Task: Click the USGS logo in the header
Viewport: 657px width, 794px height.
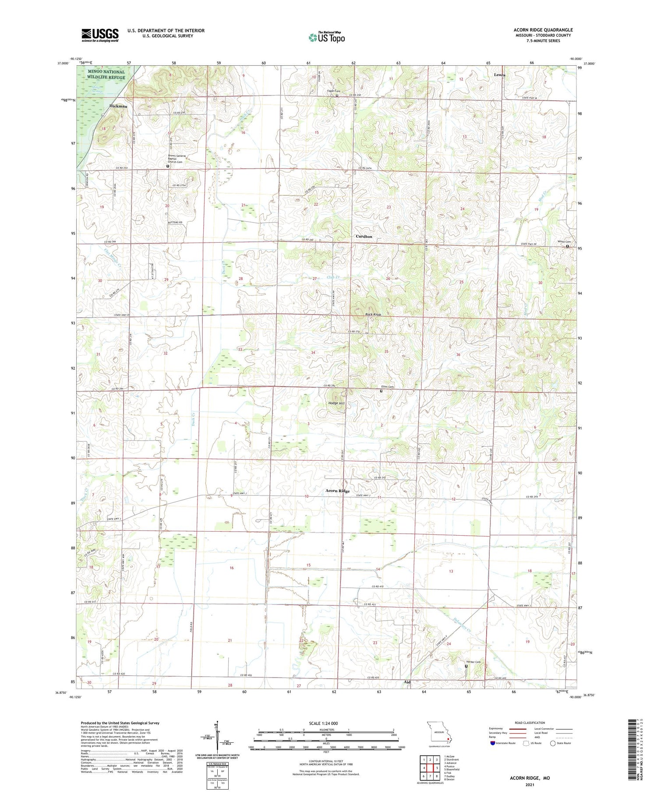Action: pyautogui.click(x=100, y=35)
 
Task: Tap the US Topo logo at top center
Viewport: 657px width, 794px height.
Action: pyautogui.click(x=326, y=37)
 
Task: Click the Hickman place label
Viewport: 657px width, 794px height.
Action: pyautogui.click(x=118, y=106)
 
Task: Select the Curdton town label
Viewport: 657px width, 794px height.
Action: pyautogui.click(x=364, y=236)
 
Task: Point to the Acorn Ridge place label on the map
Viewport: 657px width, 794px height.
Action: pyautogui.click(x=337, y=491)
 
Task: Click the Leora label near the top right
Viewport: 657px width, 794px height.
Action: pyautogui.click(x=500, y=75)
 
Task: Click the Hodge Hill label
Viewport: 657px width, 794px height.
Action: pyautogui.click(x=336, y=403)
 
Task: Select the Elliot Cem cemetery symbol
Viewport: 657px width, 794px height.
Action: pyautogui.click(x=381, y=391)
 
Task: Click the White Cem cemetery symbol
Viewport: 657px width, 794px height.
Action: pyautogui.click(x=568, y=246)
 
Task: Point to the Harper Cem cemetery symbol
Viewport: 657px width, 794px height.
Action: pyautogui.click(x=466, y=666)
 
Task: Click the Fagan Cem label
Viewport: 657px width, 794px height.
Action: pyautogui.click(x=334, y=91)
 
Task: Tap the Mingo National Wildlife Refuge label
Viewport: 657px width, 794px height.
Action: pyautogui.click(x=106, y=74)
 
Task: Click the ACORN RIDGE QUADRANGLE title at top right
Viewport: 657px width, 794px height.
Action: pyautogui.click(x=543, y=30)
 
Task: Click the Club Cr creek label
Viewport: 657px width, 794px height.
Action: pyautogui.click(x=333, y=277)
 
